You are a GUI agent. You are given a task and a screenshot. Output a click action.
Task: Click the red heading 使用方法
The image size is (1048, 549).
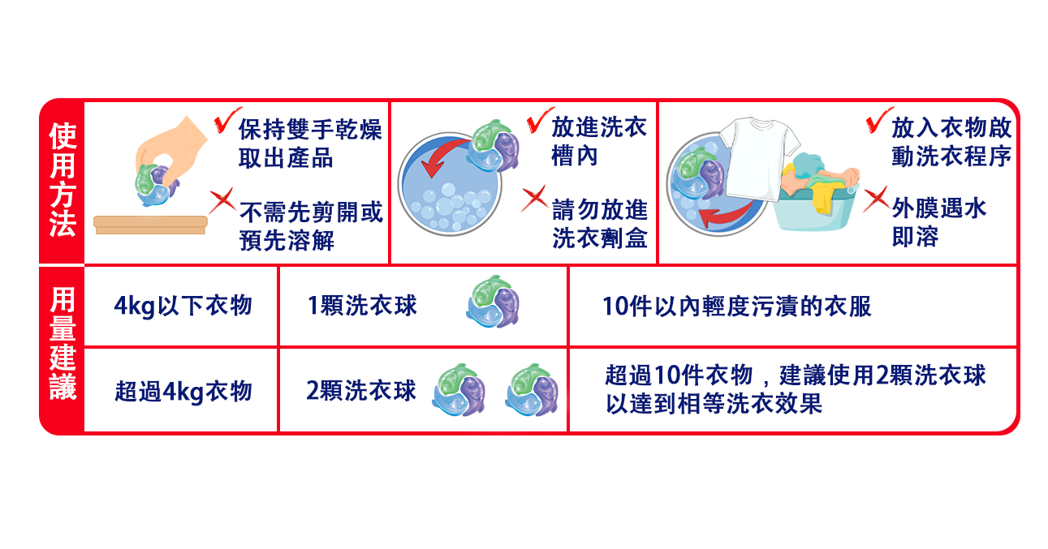pyautogui.click(x=63, y=180)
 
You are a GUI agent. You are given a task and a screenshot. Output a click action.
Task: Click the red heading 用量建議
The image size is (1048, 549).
pyautogui.click(x=63, y=343)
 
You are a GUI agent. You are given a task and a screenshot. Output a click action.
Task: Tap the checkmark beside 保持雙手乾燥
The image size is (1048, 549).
pyautogui.click(x=226, y=120)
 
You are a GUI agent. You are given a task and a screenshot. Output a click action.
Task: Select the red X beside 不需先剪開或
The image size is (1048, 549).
pyautogui.click(x=222, y=201)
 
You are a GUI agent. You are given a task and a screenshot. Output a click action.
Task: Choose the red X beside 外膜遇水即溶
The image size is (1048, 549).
pyautogui.click(x=876, y=199)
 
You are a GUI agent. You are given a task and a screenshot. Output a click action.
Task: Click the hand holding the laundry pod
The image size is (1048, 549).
pyautogui.click(x=173, y=149)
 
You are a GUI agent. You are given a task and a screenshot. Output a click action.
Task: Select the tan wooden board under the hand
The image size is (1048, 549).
pyautogui.click(x=150, y=225)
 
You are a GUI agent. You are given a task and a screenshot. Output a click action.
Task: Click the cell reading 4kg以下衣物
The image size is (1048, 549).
pyautogui.click(x=183, y=306)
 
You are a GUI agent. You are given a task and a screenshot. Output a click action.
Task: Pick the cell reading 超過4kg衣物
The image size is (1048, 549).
pyautogui.click(x=183, y=392)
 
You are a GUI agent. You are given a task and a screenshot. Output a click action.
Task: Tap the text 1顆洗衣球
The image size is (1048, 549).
pyautogui.click(x=362, y=306)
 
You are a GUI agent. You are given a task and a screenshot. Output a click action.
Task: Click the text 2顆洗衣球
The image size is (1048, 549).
pyautogui.click(x=360, y=391)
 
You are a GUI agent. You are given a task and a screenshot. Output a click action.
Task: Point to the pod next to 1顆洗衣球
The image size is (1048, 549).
pyautogui.click(x=493, y=302)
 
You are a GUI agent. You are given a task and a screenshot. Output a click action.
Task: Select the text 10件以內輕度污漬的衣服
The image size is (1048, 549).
pyautogui.click(x=737, y=307)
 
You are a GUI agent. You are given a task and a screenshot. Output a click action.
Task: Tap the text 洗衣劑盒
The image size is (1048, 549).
pyautogui.click(x=600, y=238)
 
